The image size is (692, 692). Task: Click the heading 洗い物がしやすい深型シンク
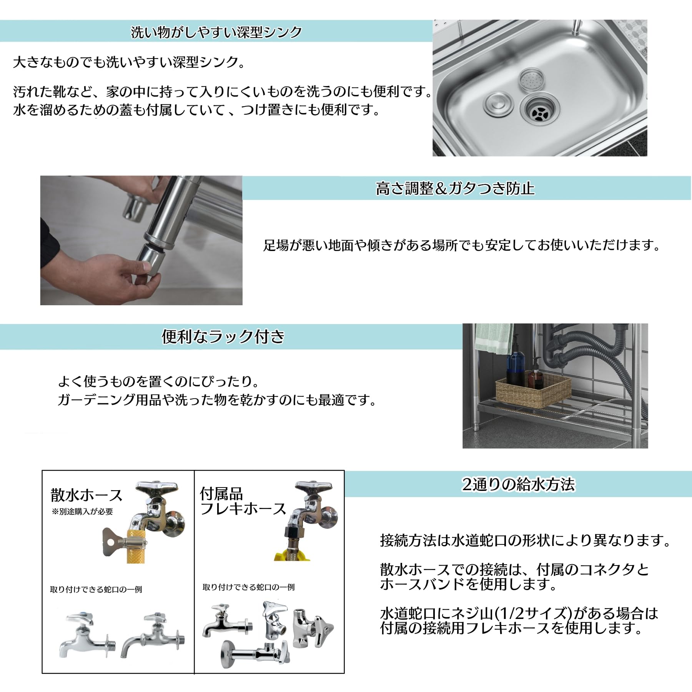click(x=216, y=32)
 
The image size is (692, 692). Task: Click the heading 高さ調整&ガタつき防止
click(x=455, y=188)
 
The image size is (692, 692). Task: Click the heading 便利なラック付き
click(x=223, y=337)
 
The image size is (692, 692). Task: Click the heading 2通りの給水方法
click(x=518, y=484)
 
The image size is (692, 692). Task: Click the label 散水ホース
click(x=86, y=495)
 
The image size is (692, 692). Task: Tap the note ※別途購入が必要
click(x=82, y=512)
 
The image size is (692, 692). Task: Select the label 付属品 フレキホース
click(x=242, y=501)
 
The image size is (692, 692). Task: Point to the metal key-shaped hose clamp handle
click(x=113, y=542)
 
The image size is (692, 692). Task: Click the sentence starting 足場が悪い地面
click(x=461, y=245)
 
